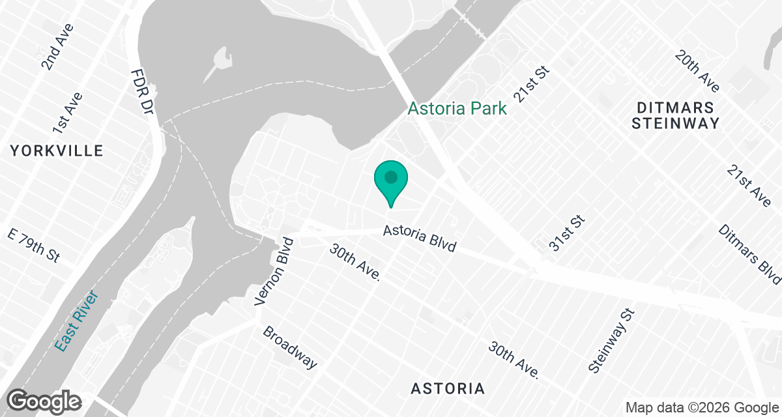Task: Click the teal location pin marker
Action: [x=390, y=180]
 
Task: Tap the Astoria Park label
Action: [x=457, y=108]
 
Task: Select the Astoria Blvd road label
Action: [x=419, y=238]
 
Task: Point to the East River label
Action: [x=76, y=321]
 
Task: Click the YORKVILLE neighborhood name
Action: [x=57, y=151]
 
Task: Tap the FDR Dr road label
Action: [x=141, y=92]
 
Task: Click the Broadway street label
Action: [x=290, y=347]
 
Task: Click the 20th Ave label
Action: [x=697, y=71]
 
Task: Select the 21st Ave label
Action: [x=749, y=186]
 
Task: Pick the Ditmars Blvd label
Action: [x=749, y=254]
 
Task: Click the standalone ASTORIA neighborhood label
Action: [x=448, y=389]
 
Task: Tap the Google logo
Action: [x=45, y=401]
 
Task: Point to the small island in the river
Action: [x=219, y=63]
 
